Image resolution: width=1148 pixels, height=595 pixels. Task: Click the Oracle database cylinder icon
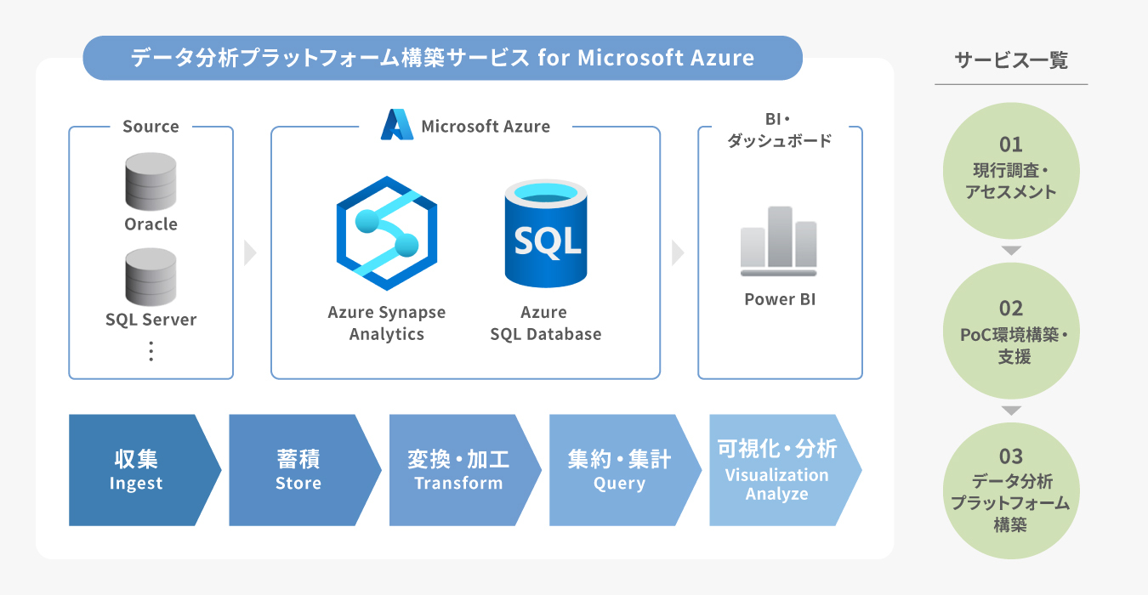(151, 181)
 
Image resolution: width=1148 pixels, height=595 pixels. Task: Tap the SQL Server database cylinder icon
(151, 277)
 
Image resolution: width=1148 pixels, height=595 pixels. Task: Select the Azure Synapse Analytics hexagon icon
(387, 233)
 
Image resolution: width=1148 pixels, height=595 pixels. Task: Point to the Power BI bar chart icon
(779, 241)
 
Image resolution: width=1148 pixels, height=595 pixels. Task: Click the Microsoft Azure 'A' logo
(397, 125)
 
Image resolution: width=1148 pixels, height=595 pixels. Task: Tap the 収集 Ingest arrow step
(140, 470)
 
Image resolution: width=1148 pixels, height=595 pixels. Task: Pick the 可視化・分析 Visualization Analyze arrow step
(781, 470)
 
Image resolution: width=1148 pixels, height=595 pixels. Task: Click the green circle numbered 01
(1011, 170)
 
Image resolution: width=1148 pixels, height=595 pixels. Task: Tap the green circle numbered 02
(1011, 331)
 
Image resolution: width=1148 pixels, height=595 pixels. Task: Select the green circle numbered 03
(1011, 490)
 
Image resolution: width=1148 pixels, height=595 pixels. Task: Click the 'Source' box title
(151, 127)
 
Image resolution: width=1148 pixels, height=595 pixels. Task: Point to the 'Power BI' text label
(780, 299)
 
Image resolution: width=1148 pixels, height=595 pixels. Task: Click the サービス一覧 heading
(1011, 60)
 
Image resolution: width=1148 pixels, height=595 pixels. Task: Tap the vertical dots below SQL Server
(151, 351)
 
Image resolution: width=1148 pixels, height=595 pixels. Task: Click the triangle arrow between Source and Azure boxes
(250, 252)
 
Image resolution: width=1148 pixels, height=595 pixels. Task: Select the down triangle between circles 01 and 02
(1011, 251)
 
